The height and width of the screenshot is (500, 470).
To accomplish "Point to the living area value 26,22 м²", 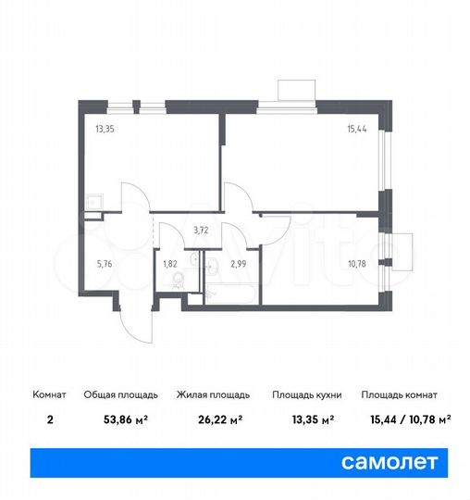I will coord(209,419).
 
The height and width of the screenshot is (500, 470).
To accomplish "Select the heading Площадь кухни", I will coord(307,394).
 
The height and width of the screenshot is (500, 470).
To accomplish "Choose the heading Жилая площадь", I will coord(209,394).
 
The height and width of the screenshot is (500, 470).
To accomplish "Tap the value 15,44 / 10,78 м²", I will coord(405,419).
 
